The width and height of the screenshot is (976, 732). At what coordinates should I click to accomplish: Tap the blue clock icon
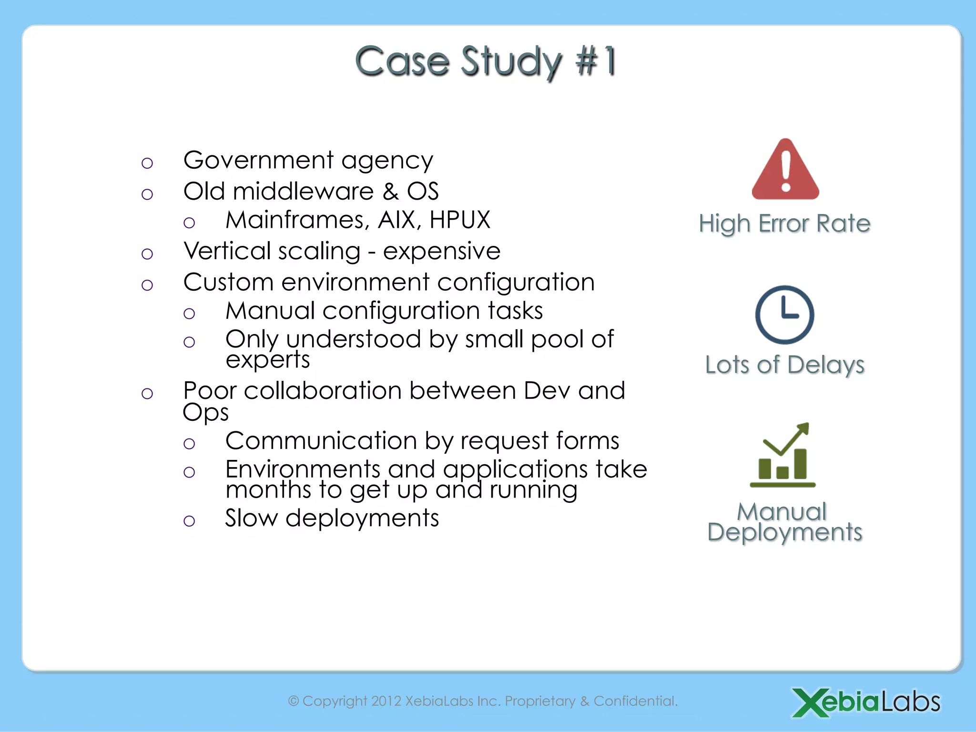tap(784, 315)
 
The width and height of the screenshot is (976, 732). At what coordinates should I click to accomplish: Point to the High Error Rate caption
tap(784, 224)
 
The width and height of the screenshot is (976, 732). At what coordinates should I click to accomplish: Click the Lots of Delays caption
tap(784, 365)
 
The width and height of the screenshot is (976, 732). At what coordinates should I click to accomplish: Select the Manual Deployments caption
tap(784, 522)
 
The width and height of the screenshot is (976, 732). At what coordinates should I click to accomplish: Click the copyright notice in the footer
tap(482, 701)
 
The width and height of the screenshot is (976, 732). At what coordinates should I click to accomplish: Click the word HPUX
tap(459, 220)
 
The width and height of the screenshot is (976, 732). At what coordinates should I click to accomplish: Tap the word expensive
tap(441, 251)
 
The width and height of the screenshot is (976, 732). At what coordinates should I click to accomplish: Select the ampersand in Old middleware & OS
tap(390, 192)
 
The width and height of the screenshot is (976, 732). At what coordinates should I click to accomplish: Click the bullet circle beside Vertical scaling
tap(147, 254)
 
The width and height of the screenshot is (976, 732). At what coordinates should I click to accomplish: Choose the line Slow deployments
tap(332, 518)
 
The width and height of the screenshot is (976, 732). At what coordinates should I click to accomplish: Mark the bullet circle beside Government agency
tap(147, 163)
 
